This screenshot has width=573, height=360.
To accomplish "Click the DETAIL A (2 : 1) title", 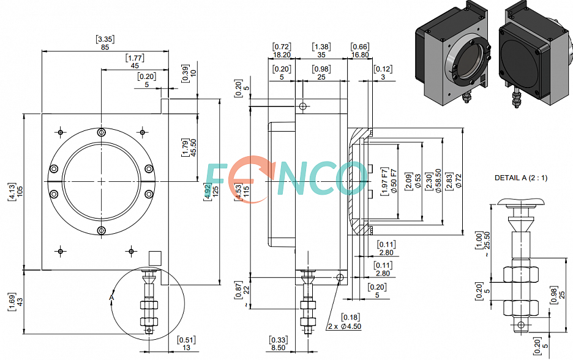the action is click(521, 178).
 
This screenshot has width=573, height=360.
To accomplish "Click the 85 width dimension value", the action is click(105, 47).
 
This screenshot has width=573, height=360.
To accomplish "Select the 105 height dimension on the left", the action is click(20, 191).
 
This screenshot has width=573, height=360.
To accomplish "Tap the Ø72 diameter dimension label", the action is click(459, 181).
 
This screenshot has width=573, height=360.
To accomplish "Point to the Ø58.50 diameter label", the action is click(438, 181).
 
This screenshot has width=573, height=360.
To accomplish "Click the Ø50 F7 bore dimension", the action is click(394, 181).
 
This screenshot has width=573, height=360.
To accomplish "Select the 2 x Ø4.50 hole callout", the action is click(345, 326).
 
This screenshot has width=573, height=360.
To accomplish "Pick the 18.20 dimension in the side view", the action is click(282, 55).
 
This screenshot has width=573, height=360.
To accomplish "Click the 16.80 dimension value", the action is click(360, 55).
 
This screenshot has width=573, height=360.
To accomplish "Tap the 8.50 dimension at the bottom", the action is click(278, 348).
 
